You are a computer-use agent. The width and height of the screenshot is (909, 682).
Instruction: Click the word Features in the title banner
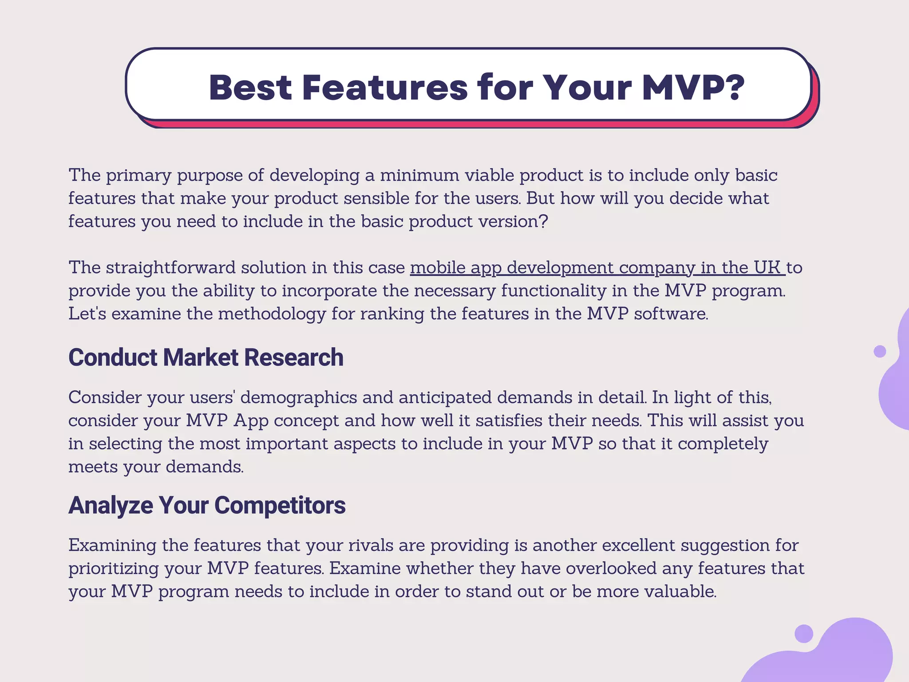pos(385,87)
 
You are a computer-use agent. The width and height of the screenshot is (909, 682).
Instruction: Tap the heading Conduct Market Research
pos(206,357)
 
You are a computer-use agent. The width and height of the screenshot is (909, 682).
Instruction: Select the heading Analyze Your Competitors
pos(207,505)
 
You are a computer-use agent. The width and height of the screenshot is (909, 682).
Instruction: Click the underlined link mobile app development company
pos(553,268)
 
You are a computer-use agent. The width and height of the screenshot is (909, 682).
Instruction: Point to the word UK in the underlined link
pos(767,268)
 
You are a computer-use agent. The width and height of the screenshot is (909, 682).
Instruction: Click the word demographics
pos(298,397)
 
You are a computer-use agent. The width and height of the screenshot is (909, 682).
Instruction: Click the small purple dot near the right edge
pos(880,351)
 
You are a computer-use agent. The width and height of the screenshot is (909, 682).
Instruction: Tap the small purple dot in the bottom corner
pos(803,634)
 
